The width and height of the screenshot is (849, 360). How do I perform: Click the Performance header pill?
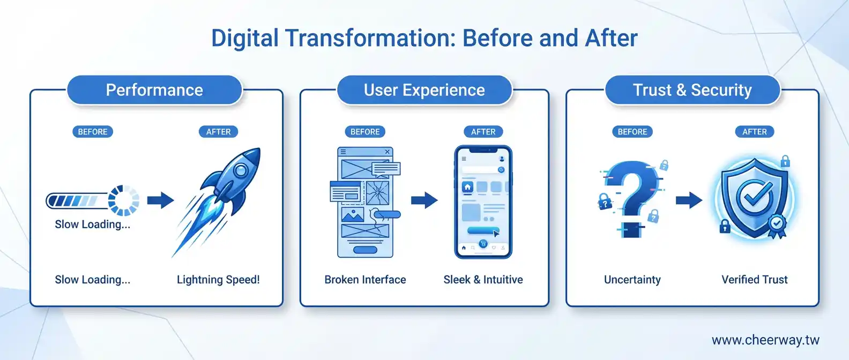coord(154,90)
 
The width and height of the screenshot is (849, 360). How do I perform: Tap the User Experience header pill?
coord(424,90)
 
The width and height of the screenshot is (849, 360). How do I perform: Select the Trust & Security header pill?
coord(692,90)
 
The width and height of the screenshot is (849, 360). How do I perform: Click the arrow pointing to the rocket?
coord(160,200)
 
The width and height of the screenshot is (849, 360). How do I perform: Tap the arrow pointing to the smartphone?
coord(424,200)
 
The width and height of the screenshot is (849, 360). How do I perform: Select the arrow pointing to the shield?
coord(688,200)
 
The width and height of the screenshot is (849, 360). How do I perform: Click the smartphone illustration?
coord(483,202)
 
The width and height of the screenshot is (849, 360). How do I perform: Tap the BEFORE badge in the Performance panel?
coord(93,132)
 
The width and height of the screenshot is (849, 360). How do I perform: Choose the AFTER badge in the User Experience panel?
coord(483,132)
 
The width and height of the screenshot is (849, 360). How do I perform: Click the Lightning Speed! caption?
coord(218,280)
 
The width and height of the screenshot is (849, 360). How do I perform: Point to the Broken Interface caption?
coord(365,280)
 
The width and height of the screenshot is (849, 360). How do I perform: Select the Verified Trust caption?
coord(754,280)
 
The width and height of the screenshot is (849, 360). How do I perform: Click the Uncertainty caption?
coord(632,280)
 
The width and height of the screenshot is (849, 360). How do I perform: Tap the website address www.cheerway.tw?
coord(765,340)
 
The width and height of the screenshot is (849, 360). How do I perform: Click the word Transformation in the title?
coord(370,39)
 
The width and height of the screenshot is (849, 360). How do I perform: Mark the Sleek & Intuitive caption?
coord(483,280)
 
